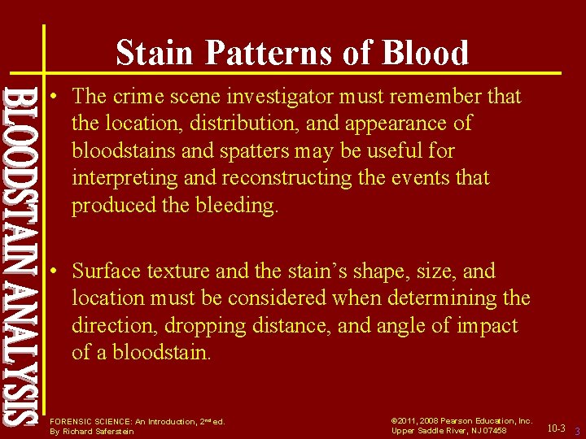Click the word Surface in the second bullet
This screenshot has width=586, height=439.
tap(107, 272)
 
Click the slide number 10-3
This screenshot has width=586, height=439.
tap(556, 427)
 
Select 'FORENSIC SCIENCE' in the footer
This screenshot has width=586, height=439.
tap(82, 422)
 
